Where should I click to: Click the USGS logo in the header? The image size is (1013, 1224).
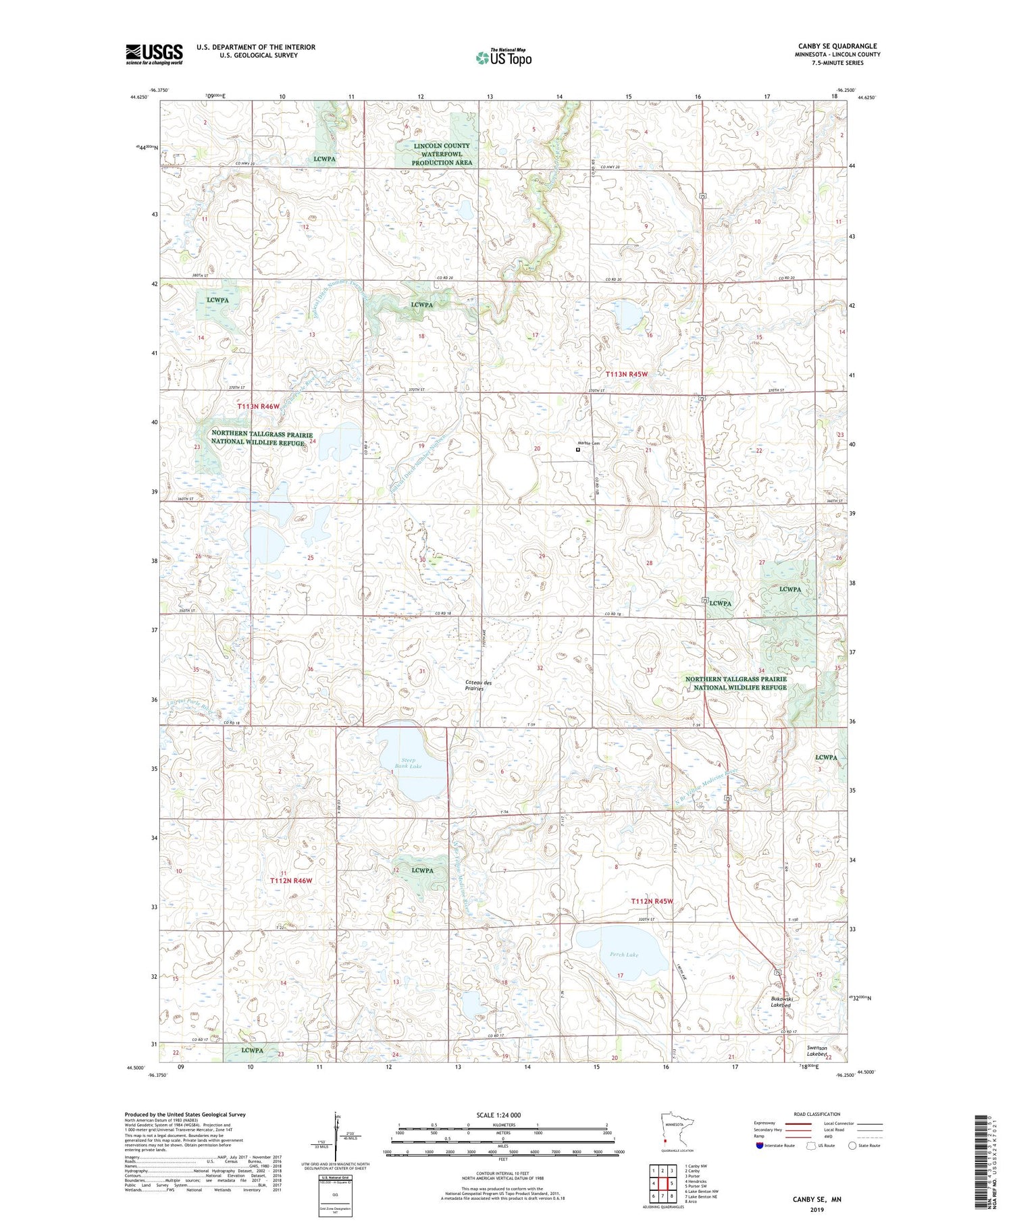(154, 54)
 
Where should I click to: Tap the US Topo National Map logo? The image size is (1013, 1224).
(503, 57)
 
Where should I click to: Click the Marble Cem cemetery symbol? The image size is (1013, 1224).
(577, 449)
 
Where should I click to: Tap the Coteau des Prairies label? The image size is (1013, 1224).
(474, 685)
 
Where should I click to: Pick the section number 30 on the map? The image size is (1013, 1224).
(422, 560)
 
